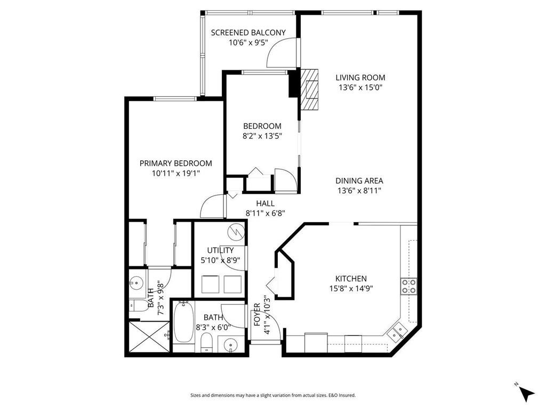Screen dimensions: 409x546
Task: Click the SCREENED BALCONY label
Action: (248, 32)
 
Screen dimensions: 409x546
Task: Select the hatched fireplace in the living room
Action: (310, 88)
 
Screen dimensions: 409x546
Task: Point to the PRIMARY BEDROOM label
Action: (175, 163)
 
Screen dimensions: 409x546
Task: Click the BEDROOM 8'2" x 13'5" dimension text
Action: (262, 136)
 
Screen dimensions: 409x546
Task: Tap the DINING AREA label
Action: (360, 181)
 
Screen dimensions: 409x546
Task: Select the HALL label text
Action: (265, 203)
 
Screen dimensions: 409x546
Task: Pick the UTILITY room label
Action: (220, 250)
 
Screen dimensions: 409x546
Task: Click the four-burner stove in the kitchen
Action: (409, 287)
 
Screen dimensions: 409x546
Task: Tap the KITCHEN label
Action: (350, 279)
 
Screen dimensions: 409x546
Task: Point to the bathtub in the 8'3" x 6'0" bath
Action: (183, 322)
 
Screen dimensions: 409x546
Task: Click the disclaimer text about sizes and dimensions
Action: (273, 395)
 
